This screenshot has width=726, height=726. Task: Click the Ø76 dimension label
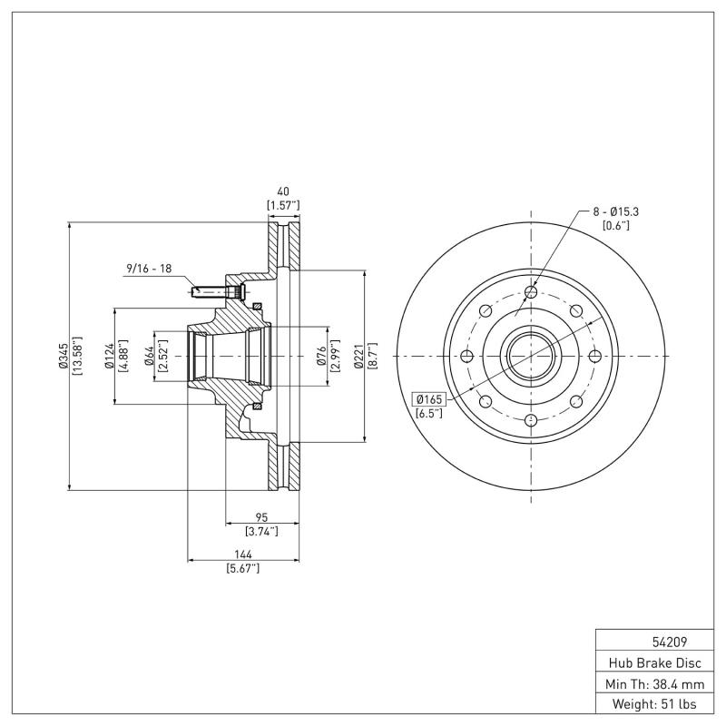click(x=321, y=356)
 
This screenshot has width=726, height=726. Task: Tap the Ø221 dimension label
click(x=358, y=356)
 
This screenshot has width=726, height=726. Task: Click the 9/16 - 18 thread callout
click(x=150, y=270)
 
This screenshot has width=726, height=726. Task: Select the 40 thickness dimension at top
click(x=282, y=192)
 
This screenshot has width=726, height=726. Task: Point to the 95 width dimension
click(x=261, y=517)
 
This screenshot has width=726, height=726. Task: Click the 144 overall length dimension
click(x=242, y=554)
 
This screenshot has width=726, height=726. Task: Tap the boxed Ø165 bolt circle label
click(x=428, y=398)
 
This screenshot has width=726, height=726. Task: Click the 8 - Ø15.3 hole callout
click(x=615, y=211)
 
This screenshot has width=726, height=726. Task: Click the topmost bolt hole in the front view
click(x=531, y=291)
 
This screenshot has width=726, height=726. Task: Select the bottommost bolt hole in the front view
click(x=531, y=420)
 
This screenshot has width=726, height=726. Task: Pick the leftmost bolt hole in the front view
click(x=466, y=356)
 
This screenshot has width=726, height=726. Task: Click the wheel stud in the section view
click(x=218, y=292)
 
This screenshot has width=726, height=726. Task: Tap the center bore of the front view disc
click(x=531, y=356)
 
